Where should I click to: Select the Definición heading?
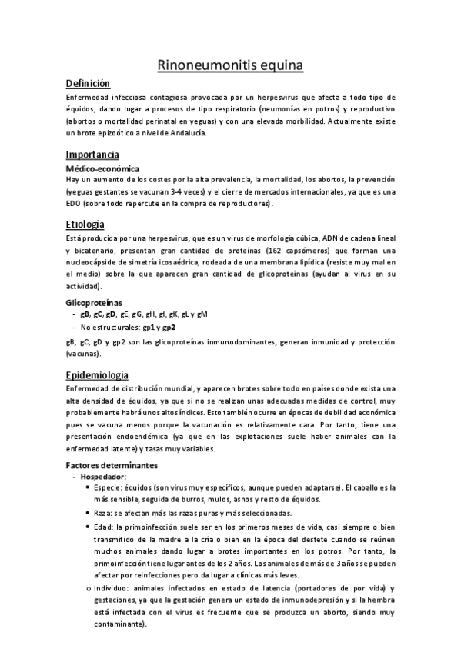[x=88, y=84]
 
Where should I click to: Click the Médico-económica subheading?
[x=102, y=168]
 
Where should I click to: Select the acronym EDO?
[x=76, y=204]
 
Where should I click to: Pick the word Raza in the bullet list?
[x=102, y=512]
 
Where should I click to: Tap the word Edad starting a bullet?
[x=102, y=527]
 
